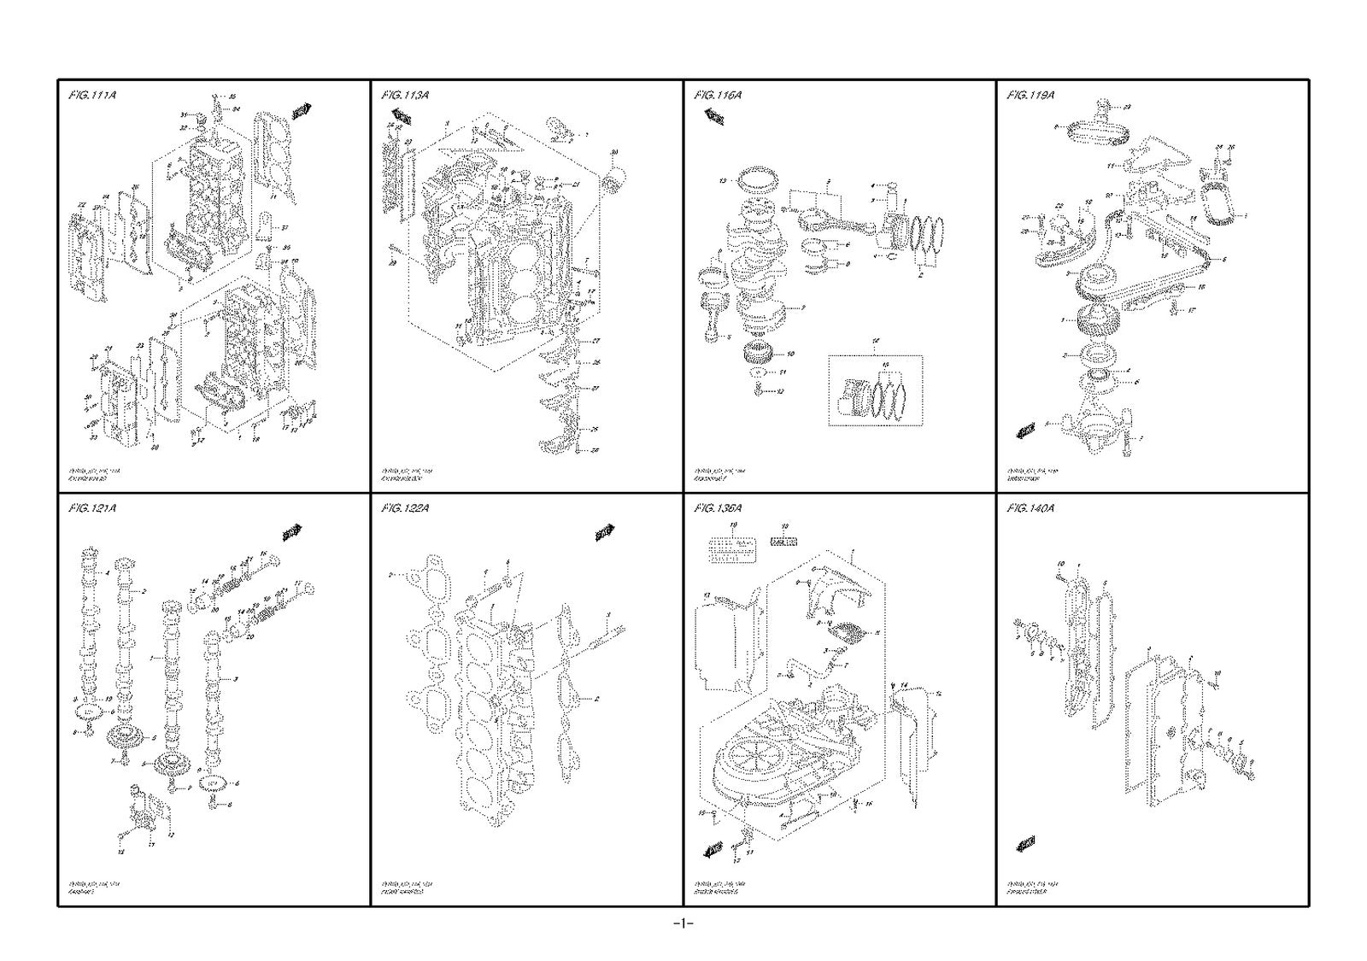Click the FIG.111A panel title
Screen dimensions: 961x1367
91,95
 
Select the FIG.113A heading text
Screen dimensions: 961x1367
405,95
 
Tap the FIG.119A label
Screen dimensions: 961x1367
1030,95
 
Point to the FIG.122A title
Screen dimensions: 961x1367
405,508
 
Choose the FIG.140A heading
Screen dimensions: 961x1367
1030,508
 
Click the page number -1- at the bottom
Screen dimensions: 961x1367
682,923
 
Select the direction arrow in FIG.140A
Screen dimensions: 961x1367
1025,845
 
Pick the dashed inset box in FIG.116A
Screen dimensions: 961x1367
876,391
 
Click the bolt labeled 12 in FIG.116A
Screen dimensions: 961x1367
759,390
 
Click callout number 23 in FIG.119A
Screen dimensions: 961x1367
1127,107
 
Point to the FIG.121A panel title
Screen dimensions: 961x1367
91,508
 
